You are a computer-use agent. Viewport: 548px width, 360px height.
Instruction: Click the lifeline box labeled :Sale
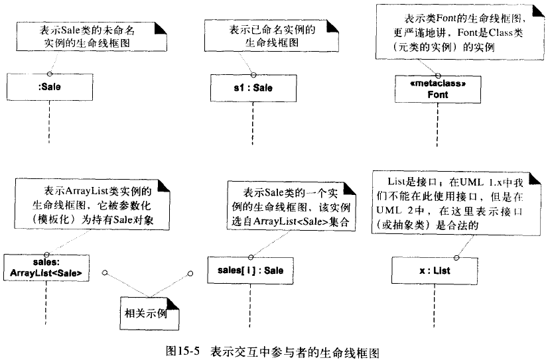(x=50, y=86)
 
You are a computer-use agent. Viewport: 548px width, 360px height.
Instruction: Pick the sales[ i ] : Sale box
(x=250, y=270)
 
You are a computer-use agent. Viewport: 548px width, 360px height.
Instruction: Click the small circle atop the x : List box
(x=456, y=256)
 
